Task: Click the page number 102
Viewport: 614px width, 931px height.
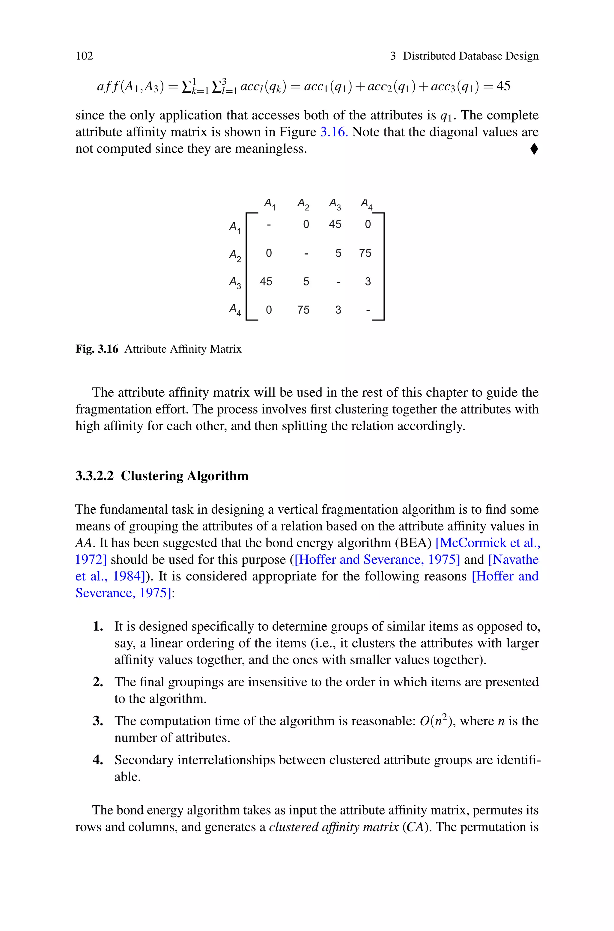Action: pos(84,56)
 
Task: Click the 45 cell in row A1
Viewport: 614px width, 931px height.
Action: pos(335,224)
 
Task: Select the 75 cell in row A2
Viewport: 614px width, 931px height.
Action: pos(365,253)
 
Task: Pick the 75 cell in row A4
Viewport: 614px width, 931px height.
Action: pos(303,310)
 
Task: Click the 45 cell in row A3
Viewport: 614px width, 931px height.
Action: pos(266,282)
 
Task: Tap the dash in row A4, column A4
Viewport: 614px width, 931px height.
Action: pos(367,310)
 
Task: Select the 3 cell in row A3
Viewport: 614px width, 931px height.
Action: pos(367,282)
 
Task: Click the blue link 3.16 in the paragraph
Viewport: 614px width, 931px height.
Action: pos(334,132)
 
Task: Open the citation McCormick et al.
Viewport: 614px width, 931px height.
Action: pos(487,543)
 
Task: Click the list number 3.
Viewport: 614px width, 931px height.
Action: pos(97,721)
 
